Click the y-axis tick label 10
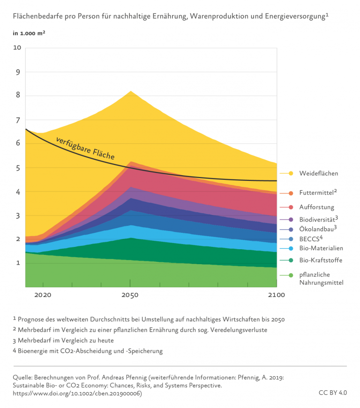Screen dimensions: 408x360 (x=17, y=48)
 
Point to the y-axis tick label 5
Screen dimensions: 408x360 (x=19, y=168)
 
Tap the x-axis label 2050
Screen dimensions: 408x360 (x=130, y=295)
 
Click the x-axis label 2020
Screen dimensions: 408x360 (x=43, y=295)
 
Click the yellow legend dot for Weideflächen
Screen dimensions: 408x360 (x=291, y=173)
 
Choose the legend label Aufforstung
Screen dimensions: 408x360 (x=317, y=207)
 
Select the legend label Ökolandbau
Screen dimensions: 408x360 (x=317, y=229)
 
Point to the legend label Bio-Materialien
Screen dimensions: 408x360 (x=320, y=248)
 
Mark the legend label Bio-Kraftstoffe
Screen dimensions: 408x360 (x=321, y=260)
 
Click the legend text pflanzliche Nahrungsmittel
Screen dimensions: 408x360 (x=322, y=279)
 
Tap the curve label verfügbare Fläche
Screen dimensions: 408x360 (x=85, y=148)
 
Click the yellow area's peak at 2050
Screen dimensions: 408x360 (x=130, y=91)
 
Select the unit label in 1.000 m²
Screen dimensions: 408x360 (x=29, y=33)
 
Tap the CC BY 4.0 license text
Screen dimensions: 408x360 (x=332, y=393)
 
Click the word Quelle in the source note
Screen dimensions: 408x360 (x=23, y=377)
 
